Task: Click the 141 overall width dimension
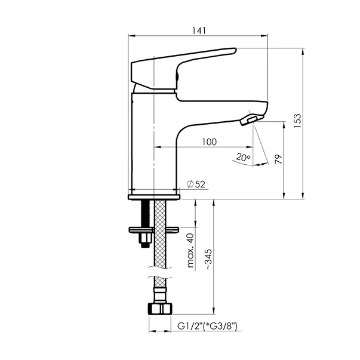[x=199, y=31]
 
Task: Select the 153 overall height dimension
[x=297, y=121]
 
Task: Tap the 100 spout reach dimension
[x=210, y=142]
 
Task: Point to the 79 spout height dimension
[x=278, y=159]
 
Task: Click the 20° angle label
[x=243, y=157]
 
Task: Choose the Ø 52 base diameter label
[x=196, y=184]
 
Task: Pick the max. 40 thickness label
[x=190, y=251]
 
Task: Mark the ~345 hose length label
[x=209, y=259]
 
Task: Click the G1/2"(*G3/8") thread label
[x=207, y=326]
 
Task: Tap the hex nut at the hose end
[x=160, y=309]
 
